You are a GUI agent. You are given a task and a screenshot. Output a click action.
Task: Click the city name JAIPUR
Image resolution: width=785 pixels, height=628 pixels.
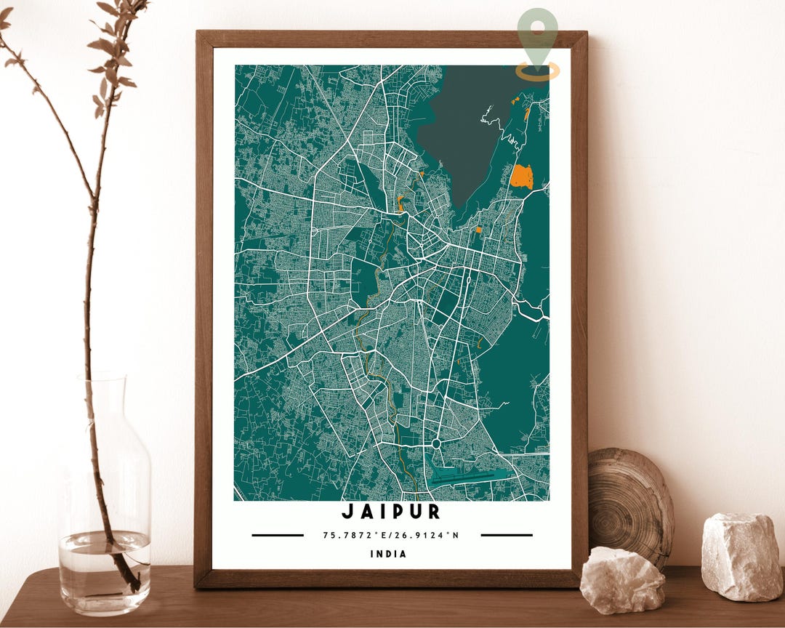click(391, 512)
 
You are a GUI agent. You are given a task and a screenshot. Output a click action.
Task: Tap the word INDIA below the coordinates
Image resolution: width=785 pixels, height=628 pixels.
click(389, 554)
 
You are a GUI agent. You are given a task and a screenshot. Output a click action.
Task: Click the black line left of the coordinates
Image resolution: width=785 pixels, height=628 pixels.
click(278, 536)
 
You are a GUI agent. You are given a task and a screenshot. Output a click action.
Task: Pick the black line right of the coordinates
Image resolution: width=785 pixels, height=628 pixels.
click(507, 536)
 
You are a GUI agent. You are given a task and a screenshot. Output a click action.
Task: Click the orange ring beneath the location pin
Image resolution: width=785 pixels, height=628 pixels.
click(538, 71)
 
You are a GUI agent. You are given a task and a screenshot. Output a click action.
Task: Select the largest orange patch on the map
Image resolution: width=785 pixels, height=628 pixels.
click(521, 177)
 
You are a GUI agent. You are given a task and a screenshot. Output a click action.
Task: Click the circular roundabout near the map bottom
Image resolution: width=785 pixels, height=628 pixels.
click(437, 443)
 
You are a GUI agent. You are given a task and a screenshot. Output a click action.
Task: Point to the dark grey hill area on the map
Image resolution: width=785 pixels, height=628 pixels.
click(465, 124)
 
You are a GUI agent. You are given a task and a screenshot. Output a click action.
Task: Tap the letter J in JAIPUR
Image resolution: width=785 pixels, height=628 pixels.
click(347, 512)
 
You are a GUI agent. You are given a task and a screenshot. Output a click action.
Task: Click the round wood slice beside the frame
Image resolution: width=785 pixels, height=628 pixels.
click(631, 502)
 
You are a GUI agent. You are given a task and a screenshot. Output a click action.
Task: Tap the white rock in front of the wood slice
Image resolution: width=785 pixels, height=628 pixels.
click(622, 579)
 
